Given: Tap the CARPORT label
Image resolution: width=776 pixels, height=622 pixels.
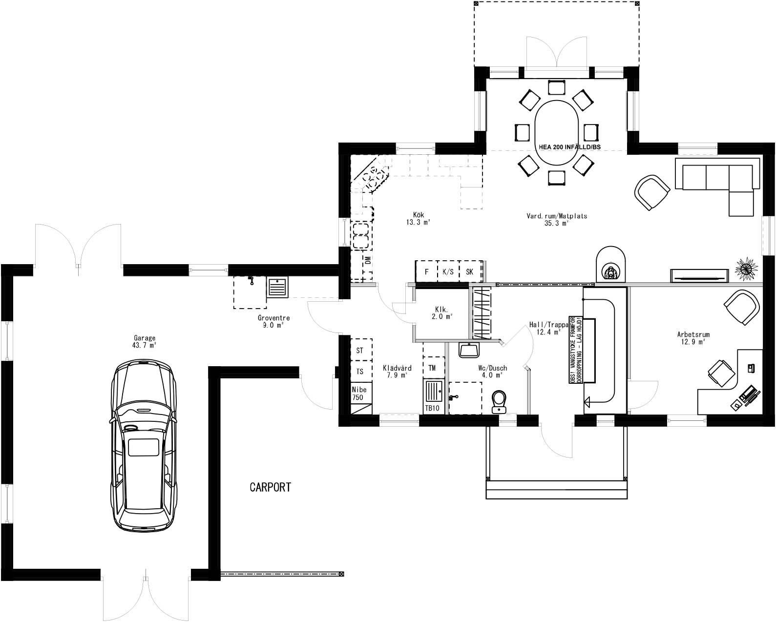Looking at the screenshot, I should click(270, 487).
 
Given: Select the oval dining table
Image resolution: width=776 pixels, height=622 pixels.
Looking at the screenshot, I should click(557, 133).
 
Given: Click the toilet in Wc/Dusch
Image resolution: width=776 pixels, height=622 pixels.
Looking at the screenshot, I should click(500, 401).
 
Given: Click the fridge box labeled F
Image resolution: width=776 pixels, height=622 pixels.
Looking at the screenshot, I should click(426, 272).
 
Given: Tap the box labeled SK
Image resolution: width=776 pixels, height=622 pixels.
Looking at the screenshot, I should click(469, 272).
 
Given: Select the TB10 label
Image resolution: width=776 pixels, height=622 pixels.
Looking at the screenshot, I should click(432, 408).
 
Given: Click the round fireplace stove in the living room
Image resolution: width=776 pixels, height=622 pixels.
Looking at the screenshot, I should click(610, 267).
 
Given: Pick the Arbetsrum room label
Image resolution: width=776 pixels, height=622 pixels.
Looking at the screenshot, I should click(693, 338).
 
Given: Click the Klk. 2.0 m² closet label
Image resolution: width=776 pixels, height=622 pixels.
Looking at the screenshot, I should click(441, 313).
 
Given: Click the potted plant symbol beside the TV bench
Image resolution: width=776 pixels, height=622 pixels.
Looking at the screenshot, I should click(746, 269).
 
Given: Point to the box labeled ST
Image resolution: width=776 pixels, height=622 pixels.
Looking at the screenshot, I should click(360, 351).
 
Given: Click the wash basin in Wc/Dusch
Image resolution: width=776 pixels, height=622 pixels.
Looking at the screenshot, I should click(470, 350).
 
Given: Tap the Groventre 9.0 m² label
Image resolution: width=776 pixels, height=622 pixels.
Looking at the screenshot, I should click(273, 321).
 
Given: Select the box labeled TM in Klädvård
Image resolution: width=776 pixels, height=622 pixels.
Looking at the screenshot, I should click(433, 368).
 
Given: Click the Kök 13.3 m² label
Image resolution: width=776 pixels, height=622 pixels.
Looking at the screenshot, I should click(418, 218).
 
